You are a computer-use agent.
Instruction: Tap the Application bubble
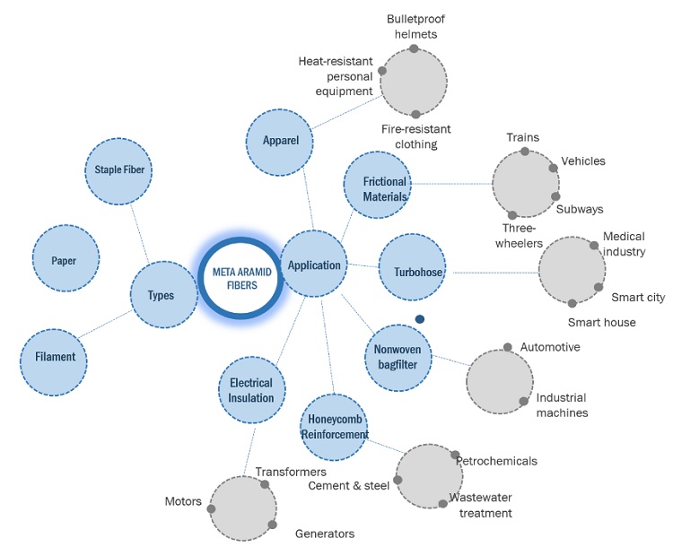(x=315, y=265)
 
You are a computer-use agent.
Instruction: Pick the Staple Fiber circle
(x=119, y=170)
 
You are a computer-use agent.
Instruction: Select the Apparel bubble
(x=280, y=142)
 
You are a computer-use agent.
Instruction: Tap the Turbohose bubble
(x=412, y=271)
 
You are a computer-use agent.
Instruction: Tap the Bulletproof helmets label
(x=415, y=26)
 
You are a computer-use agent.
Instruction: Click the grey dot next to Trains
(x=525, y=152)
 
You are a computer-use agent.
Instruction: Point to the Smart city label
(x=638, y=298)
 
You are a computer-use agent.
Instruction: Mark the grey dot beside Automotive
(x=508, y=347)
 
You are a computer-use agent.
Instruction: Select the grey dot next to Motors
(x=211, y=508)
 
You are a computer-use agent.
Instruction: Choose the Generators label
(x=325, y=534)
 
